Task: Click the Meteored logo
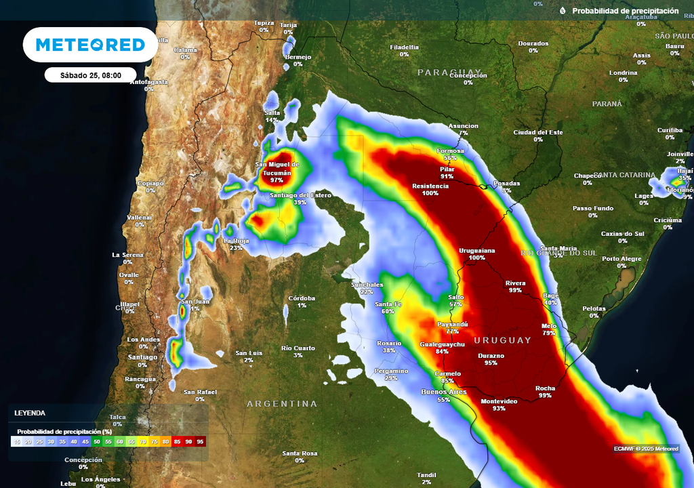coord(90,45)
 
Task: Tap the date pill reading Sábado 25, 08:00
coord(90,75)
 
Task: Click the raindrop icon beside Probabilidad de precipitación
coord(563,11)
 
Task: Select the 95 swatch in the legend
coord(200,441)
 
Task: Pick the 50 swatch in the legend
coord(97,441)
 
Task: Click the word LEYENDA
coord(30,413)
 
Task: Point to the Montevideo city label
coord(499,401)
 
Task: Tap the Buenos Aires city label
coord(443,392)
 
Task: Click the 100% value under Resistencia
coord(430,193)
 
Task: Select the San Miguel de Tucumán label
coord(277,168)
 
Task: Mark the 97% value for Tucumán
coord(277,180)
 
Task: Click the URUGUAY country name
coord(502,340)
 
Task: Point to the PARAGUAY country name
coord(449,72)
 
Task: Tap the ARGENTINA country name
coord(281,404)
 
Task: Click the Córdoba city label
coord(302,298)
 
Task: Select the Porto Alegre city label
coord(621,258)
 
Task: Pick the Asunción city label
coord(464,126)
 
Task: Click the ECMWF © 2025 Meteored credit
coord(645,448)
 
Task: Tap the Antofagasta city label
coord(149,82)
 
